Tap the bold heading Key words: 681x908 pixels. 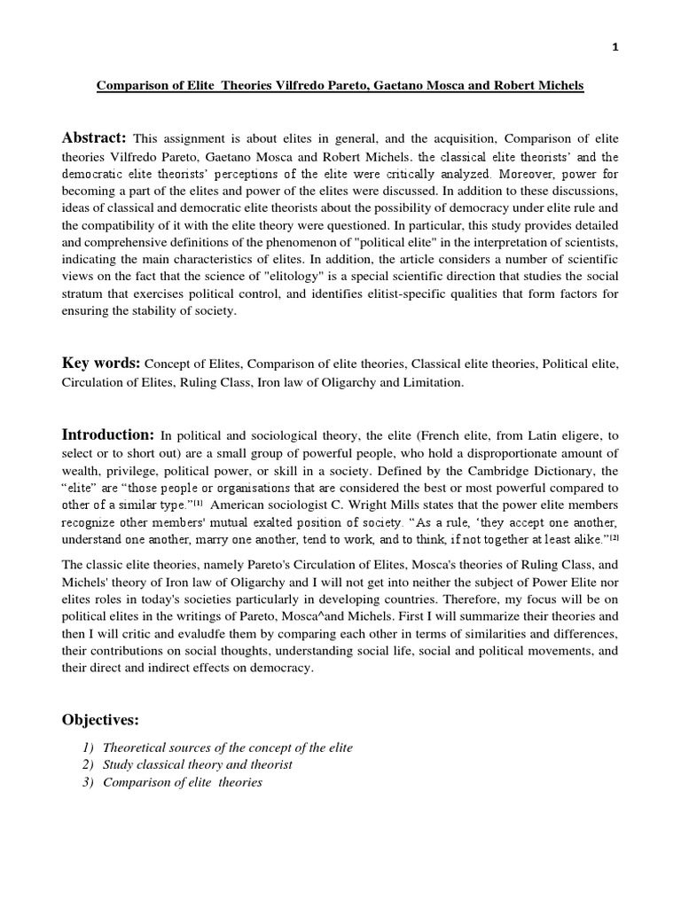coord(100,364)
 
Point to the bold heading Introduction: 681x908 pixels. coord(108,434)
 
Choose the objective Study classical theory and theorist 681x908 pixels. coord(197,764)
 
